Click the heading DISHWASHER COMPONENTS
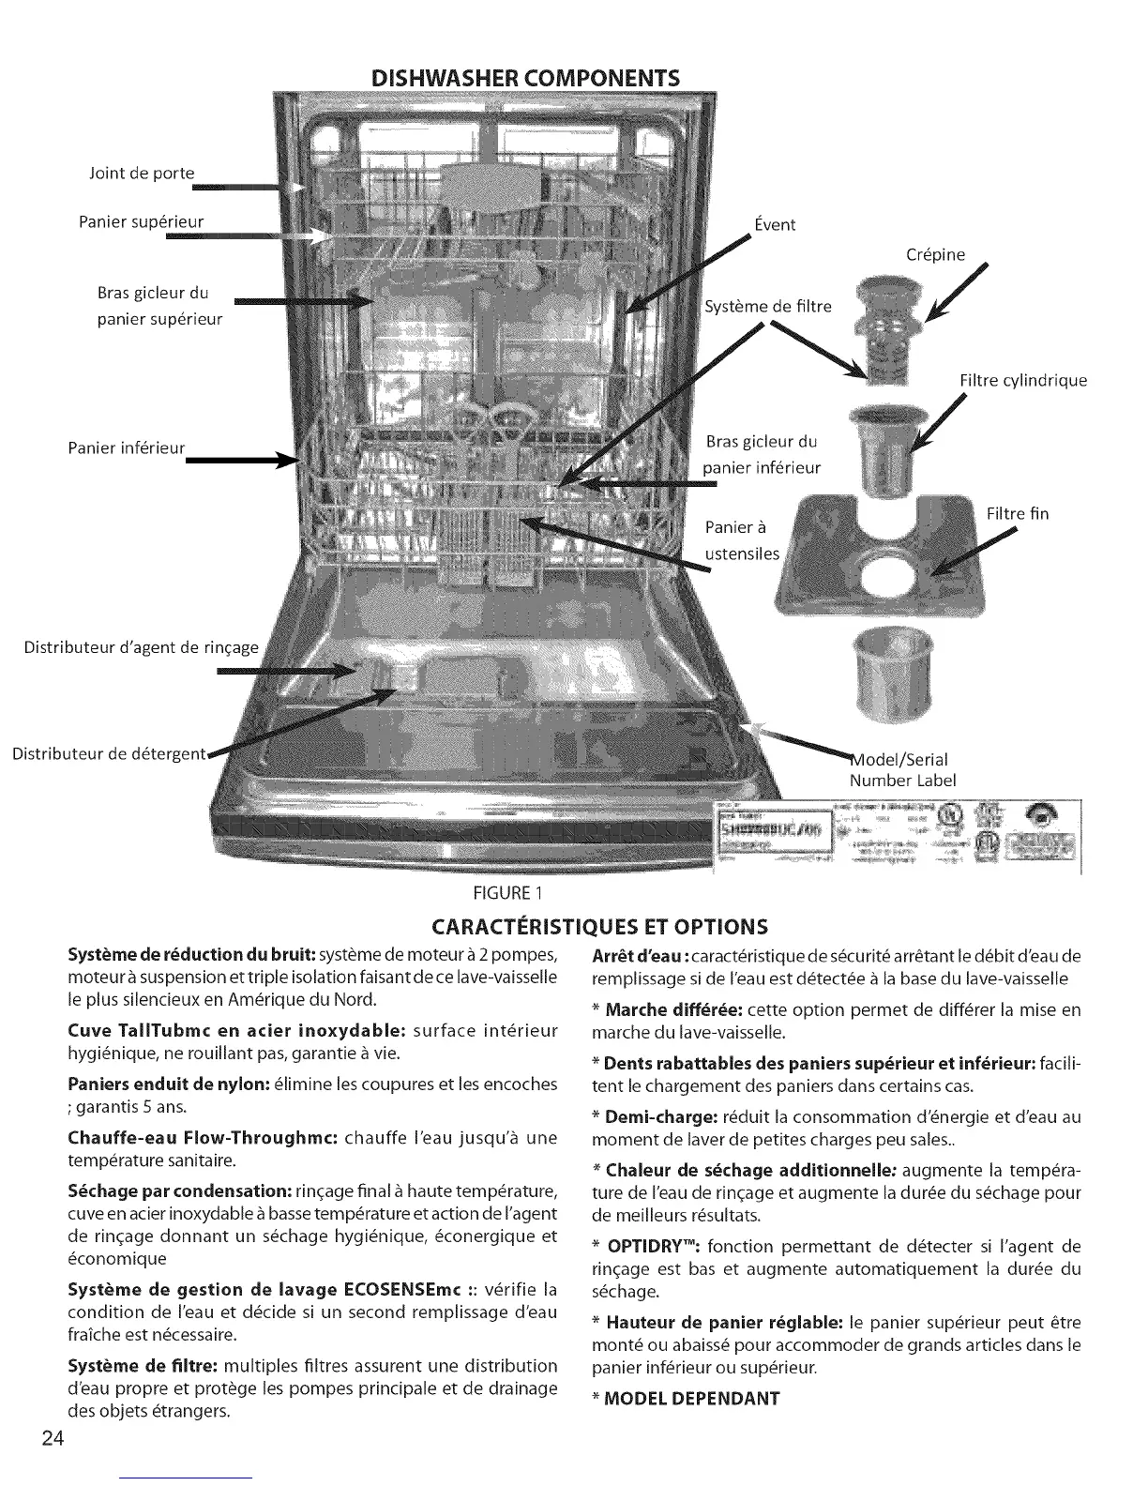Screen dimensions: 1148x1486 click(x=524, y=76)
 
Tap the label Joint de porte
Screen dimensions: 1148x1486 click(x=141, y=173)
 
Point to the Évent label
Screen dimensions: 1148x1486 click(x=775, y=224)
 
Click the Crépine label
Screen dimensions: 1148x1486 click(x=935, y=254)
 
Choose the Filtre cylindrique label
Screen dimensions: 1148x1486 click(x=1023, y=380)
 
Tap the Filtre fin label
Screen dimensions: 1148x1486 click(x=1018, y=513)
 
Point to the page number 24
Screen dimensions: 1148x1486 click(x=53, y=1440)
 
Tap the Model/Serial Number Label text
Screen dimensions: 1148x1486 click(x=901, y=769)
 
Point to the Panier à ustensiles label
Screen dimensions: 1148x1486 click(x=742, y=539)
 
